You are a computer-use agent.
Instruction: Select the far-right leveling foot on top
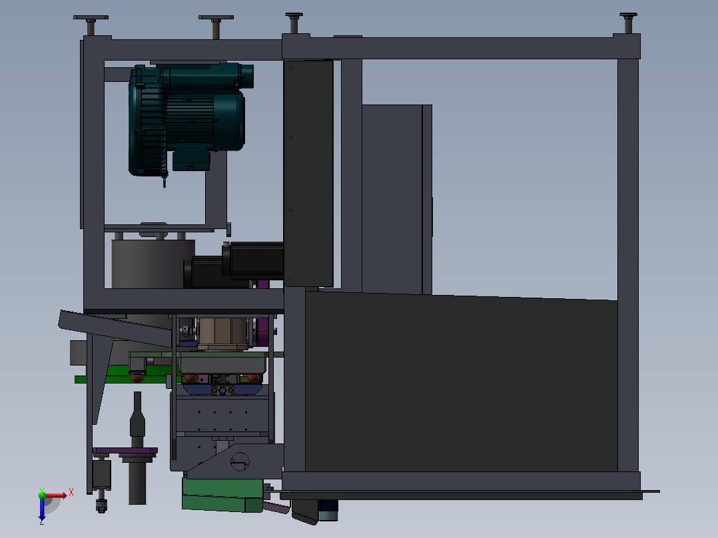tap(628, 23)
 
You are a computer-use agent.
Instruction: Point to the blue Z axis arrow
tap(42, 508)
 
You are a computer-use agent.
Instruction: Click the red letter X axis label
tap(71, 492)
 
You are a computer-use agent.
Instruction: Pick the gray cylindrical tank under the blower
tap(153, 264)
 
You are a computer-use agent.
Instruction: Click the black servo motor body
tap(254, 260)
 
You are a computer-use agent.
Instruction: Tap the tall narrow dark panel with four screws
tap(308, 173)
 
